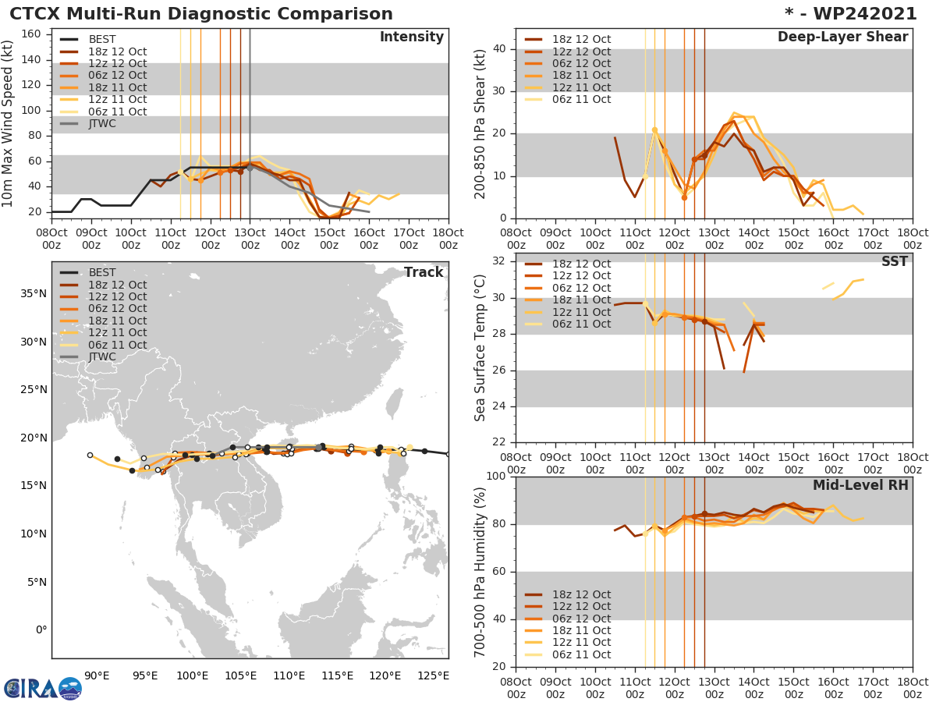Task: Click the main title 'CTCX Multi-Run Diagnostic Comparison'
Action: (x=201, y=14)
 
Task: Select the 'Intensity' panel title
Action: (x=411, y=37)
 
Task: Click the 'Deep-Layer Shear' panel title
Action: (x=842, y=37)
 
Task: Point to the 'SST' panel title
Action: (x=894, y=261)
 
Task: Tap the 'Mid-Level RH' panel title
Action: (x=860, y=485)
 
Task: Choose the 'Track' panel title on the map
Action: (x=424, y=272)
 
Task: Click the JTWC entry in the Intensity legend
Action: (x=101, y=123)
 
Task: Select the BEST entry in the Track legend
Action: (x=101, y=272)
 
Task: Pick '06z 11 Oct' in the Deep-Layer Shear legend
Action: (x=580, y=99)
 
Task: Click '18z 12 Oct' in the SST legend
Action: (x=580, y=264)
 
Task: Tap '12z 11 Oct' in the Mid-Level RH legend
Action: (x=580, y=643)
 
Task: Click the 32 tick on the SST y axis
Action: (x=499, y=260)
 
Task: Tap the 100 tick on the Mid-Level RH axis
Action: (x=496, y=477)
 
